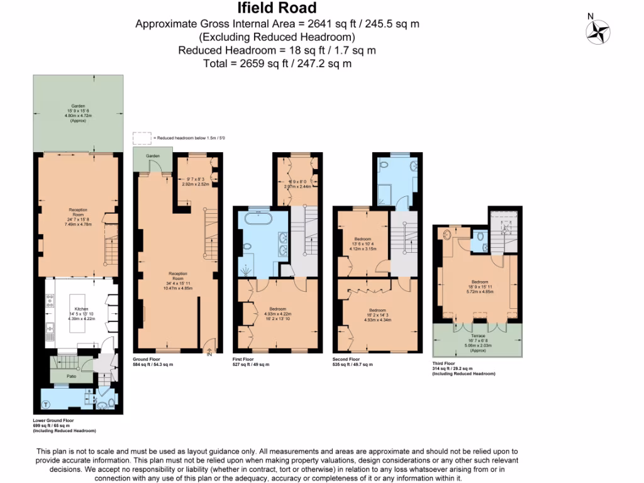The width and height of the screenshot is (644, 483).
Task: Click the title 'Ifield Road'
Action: (x=277, y=8)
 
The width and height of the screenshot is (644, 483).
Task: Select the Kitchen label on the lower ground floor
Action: (x=82, y=309)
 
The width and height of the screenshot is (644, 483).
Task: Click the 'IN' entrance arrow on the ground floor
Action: (x=209, y=353)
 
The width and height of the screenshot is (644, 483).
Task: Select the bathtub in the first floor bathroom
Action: (x=258, y=220)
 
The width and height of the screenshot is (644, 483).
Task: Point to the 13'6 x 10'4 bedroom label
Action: (x=362, y=243)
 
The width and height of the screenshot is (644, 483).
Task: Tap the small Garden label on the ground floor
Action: (x=153, y=155)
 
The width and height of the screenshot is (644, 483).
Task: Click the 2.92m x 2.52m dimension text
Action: (x=194, y=185)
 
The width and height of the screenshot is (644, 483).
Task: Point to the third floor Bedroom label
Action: (x=479, y=282)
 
